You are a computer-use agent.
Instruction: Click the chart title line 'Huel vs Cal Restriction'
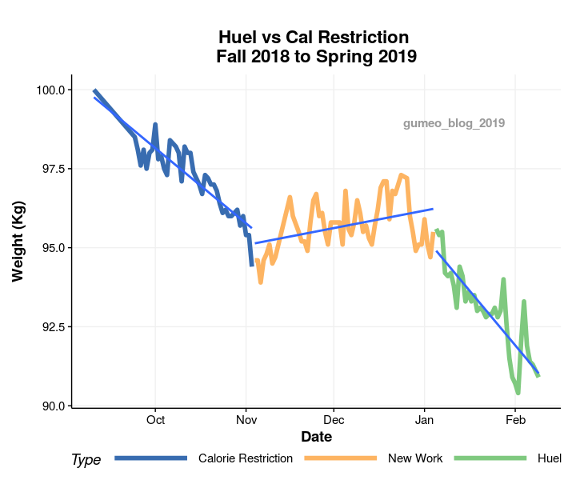coord(314,38)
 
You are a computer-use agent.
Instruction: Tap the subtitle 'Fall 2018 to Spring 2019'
coord(316,56)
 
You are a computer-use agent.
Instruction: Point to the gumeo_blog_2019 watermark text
coord(454,123)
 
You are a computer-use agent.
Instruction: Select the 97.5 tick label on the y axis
coord(50,169)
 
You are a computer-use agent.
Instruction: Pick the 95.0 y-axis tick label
coord(50,248)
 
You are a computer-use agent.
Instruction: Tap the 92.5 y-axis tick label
coord(50,327)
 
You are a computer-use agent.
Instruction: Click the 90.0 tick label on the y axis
coord(50,406)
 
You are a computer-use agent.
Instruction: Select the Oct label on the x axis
coord(155,420)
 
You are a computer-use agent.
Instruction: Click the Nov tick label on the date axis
coord(246,420)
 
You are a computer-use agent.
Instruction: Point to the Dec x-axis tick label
coord(334,420)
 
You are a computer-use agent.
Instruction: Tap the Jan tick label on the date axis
coord(424,420)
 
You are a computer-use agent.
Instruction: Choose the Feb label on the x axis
coord(515,420)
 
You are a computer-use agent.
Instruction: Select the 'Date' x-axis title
coord(316,437)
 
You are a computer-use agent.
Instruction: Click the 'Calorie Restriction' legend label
coord(246,458)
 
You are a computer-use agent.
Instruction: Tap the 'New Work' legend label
coord(415,458)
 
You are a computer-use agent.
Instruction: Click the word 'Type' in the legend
coord(86,459)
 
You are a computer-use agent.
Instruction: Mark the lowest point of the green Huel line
coord(518,393)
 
